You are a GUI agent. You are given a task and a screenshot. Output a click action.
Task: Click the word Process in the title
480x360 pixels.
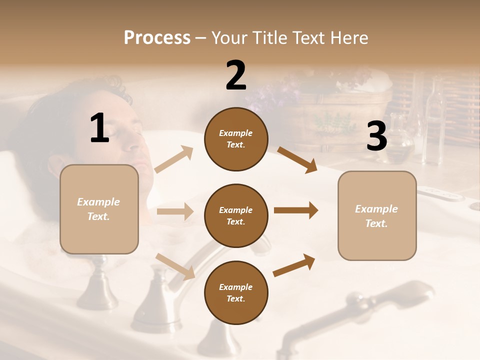157,38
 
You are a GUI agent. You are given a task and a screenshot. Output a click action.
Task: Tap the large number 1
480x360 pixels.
99,128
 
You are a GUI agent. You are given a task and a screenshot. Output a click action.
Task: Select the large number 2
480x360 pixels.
236,75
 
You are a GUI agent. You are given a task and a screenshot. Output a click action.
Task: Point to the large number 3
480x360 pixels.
376,136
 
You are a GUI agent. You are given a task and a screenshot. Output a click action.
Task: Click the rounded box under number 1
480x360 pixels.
99,209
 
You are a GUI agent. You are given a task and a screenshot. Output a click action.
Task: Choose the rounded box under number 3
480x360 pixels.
377,215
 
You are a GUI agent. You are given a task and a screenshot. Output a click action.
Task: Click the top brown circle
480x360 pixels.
236,139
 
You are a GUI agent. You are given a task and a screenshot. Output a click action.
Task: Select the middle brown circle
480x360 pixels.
236,215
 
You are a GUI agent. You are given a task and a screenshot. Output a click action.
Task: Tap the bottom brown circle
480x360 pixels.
236,292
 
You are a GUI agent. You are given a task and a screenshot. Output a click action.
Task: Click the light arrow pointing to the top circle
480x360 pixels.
174,159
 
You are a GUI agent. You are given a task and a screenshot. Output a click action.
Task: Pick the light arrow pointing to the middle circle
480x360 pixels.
175,211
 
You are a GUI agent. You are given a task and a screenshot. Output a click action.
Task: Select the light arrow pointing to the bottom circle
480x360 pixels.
175,266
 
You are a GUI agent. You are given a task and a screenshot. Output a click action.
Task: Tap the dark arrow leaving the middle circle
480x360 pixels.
296,210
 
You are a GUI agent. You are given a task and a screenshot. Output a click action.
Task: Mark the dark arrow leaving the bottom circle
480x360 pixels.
294,265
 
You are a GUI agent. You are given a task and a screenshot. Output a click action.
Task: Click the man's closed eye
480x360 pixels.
131,131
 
